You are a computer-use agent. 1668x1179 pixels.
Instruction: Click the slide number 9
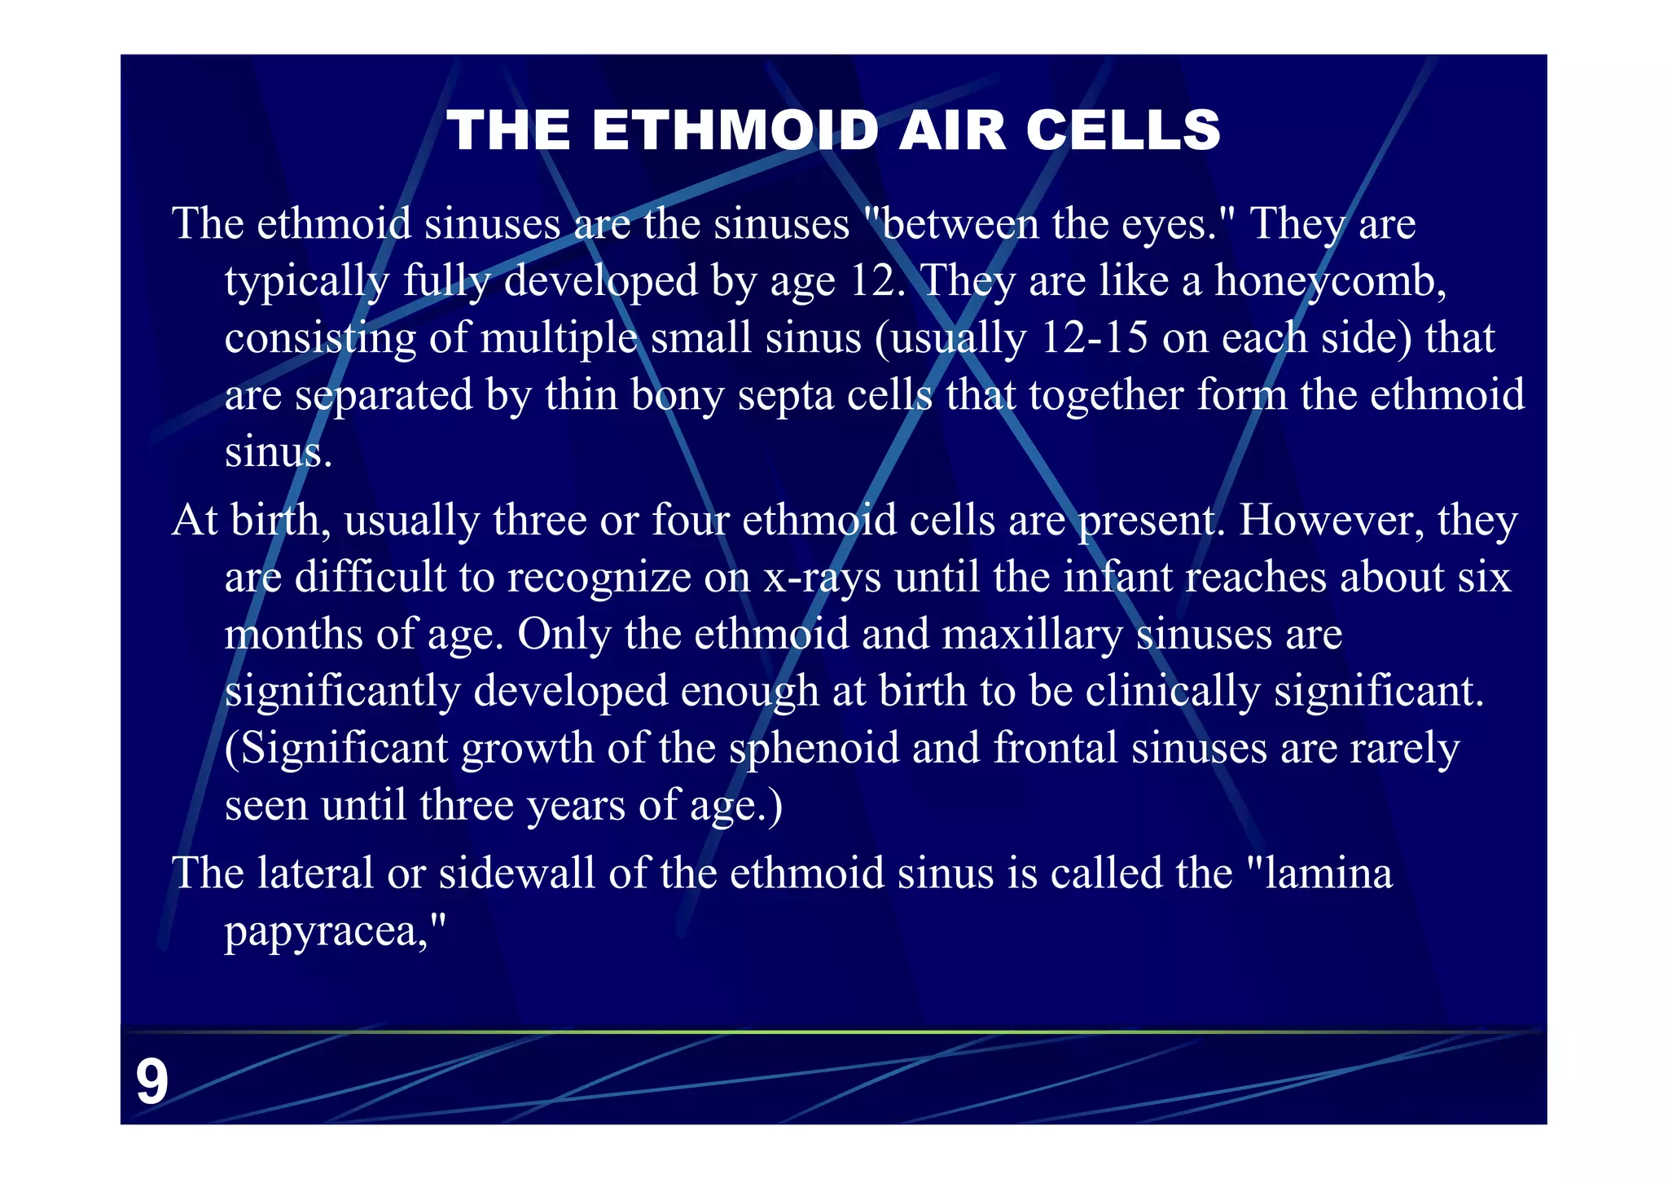pyautogui.click(x=151, y=1082)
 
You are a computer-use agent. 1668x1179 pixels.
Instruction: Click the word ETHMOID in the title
pyautogui.click(x=735, y=130)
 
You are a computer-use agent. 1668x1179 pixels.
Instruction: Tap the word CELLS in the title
pyautogui.click(x=1123, y=130)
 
